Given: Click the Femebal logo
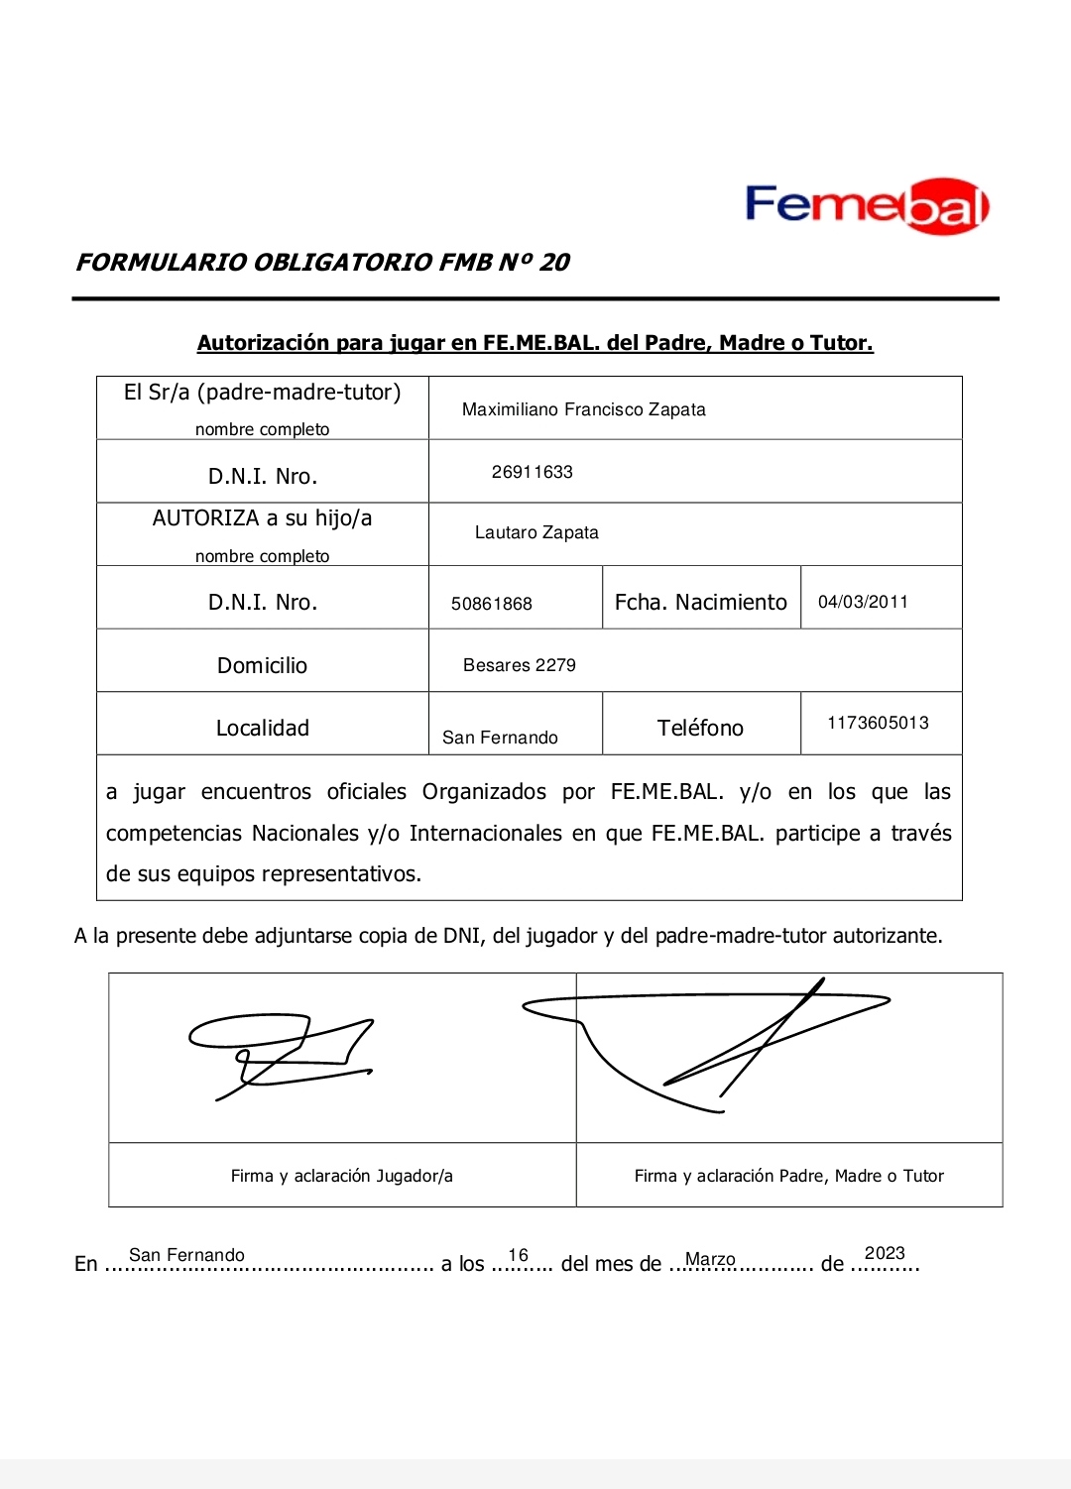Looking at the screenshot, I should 867,206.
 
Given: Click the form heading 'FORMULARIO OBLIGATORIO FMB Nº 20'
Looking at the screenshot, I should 323,263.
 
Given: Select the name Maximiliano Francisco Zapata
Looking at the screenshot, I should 583,409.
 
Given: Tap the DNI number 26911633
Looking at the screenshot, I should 532,472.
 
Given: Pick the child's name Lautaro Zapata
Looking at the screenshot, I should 536,532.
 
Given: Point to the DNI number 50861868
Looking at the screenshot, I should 491,604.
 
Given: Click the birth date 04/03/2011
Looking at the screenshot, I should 863,602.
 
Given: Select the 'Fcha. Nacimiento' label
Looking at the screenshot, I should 700,603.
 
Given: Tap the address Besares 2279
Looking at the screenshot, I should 519,665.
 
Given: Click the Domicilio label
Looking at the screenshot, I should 262,665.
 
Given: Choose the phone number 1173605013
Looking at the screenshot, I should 878,723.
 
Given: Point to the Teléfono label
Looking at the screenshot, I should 700,728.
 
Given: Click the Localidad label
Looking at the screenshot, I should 262,728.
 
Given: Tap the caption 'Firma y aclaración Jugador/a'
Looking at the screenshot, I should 341,1176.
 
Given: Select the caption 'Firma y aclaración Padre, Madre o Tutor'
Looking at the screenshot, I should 788,1176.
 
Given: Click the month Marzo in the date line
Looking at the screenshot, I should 710,1259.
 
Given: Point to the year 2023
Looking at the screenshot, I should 885,1253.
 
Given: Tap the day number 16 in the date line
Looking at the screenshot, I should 518,1255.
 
